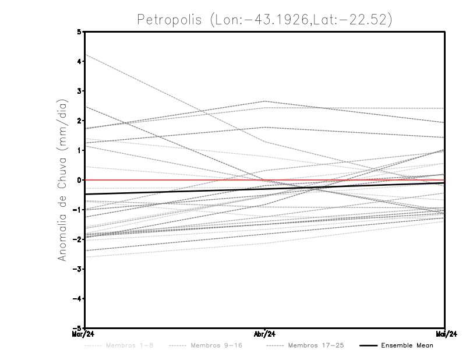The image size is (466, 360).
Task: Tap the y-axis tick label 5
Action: pyautogui.click(x=79, y=32)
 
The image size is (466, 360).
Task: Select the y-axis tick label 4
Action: pyautogui.click(x=79, y=62)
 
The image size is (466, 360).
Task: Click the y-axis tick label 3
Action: pyautogui.click(x=79, y=91)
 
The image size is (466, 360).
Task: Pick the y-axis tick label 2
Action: pyautogui.click(x=79, y=121)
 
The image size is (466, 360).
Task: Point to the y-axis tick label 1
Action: pyautogui.click(x=79, y=150)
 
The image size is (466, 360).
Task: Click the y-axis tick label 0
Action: pyautogui.click(x=79, y=180)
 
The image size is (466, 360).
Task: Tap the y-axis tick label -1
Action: pyautogui.click(x=77, y=210)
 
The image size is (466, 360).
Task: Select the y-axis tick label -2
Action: pyautogui.click(x=77, y=239)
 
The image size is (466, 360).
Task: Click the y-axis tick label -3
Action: pyautogui.click(x=77, y=269)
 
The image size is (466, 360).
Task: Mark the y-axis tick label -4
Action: pyautogui.click(x=77, y=298)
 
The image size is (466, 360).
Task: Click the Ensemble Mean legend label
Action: pyautogui.click(x=407, y=345)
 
